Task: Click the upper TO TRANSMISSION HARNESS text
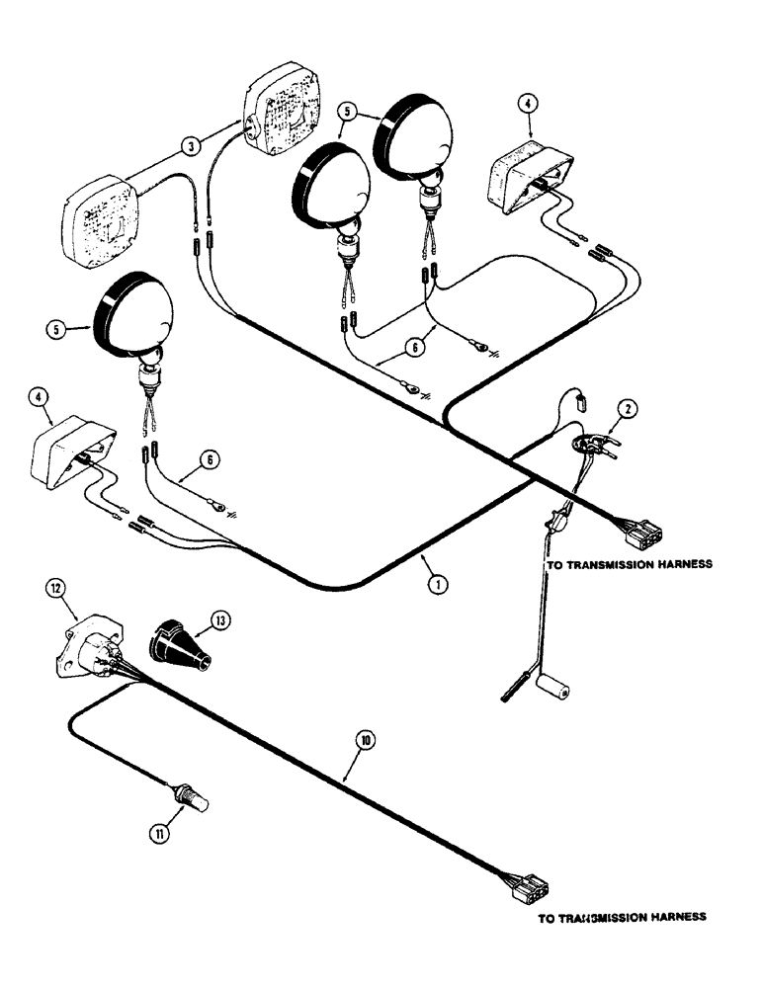click(629, 565)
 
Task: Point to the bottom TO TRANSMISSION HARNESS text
click(622, 917)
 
